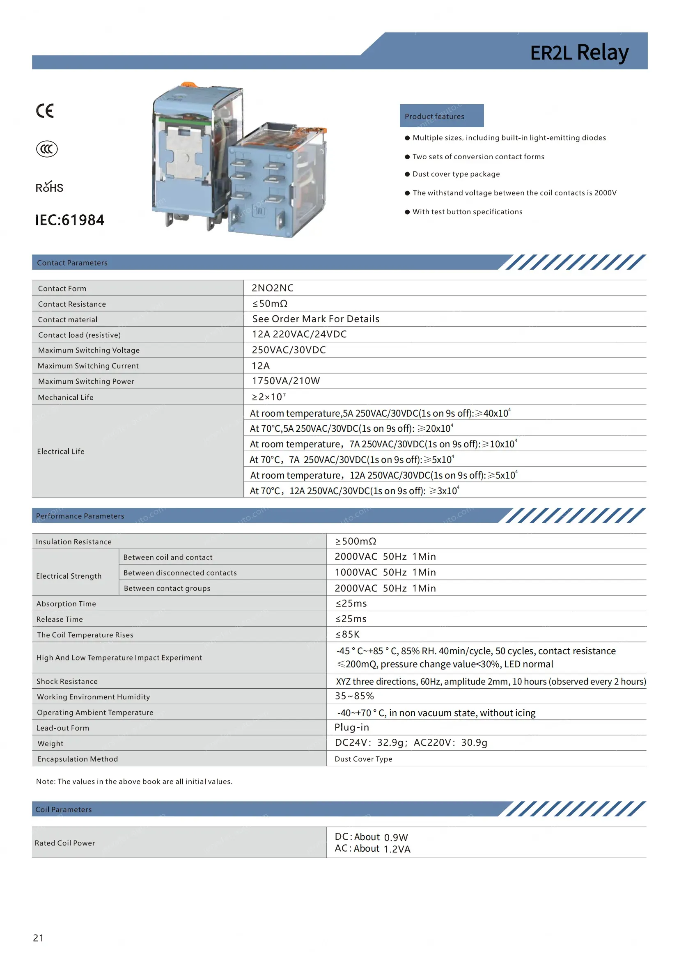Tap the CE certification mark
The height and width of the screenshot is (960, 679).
45,110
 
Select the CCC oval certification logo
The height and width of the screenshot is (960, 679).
47,149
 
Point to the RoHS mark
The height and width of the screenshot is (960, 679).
49,187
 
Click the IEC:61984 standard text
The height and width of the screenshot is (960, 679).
69,220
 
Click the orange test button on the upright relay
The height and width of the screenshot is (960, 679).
190,84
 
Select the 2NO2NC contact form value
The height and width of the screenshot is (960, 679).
272,288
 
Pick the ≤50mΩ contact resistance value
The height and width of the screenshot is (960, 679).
270,304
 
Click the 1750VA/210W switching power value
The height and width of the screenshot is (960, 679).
286,381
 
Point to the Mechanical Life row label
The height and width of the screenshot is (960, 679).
66,397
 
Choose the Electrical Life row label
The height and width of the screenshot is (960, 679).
61,451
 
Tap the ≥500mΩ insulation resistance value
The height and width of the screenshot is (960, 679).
356,541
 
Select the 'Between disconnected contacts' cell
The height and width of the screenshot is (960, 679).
180,573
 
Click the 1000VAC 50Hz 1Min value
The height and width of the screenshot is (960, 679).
385,573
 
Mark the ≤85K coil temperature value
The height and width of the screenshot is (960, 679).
347,634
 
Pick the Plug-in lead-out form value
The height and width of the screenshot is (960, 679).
352,728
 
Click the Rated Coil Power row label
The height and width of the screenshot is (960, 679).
65,843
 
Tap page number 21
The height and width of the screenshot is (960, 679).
38,938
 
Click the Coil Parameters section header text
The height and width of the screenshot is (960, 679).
64,809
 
